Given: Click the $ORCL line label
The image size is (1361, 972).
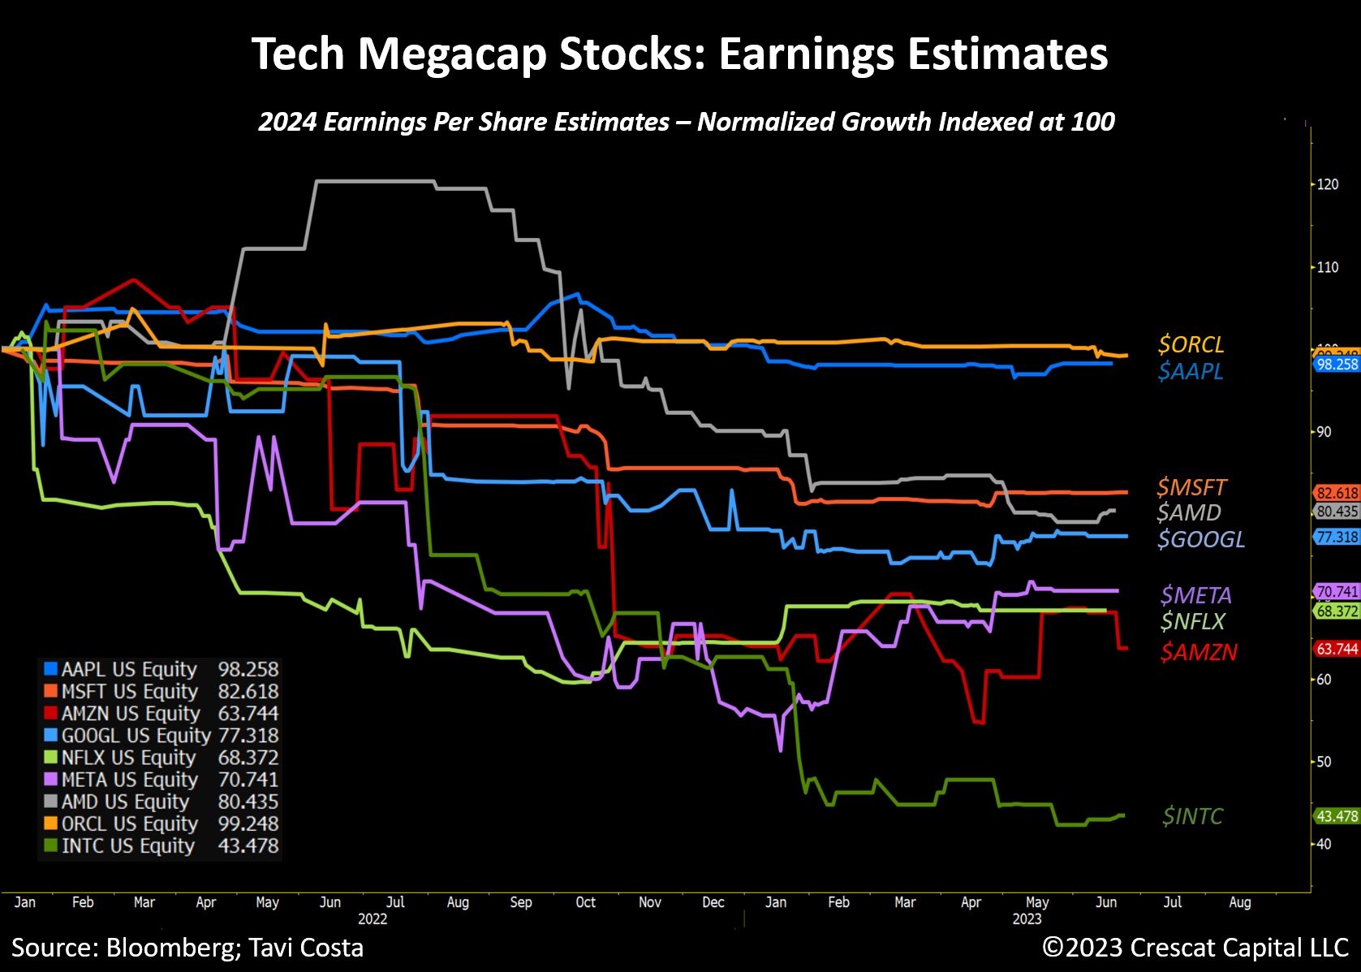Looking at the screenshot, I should coord(1191,344).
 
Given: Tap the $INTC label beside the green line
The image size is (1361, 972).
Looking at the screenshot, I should coord(1192,816).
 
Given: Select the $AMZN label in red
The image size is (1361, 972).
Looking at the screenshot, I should coord(1199,652).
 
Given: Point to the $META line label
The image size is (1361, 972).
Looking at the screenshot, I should coord(1195,595).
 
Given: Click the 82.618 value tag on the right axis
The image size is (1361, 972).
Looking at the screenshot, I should coord(1337,493).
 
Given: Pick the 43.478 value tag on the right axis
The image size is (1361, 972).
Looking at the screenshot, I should coord(1337,816).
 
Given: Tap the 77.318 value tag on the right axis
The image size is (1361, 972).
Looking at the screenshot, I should coord(1337,538).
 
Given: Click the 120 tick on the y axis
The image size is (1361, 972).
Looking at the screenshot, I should coord(1328,184).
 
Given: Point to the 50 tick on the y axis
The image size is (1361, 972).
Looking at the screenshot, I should coord(1324,762).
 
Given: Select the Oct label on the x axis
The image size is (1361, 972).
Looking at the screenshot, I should coord(585,902).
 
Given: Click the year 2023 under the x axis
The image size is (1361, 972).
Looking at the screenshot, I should coord(1027,919).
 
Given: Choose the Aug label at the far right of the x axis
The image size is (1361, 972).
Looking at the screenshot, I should coord(1239,902).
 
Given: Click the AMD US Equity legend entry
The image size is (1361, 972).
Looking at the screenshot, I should coord(125,801).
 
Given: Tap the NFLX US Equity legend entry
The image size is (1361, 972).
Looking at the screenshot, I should coord(128,758).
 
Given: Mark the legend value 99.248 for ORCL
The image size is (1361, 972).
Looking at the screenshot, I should coord(248,823).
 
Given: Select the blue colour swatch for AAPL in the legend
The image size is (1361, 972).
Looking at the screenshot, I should coord(50,669).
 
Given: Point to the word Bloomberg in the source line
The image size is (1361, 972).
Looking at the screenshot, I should coord(172,948).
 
